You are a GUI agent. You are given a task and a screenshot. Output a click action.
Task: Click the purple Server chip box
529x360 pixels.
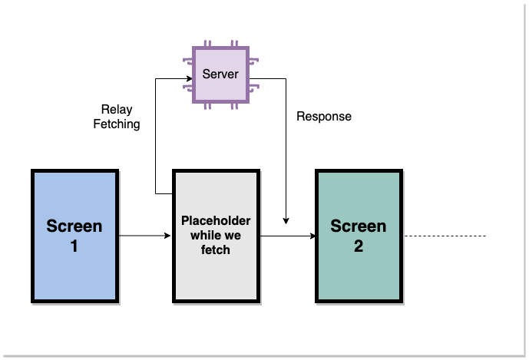click(x=220, y=75)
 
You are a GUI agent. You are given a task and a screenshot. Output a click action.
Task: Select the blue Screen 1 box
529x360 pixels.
click(x=74, y=236)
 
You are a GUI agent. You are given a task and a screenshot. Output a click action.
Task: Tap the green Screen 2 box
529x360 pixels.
click(x=359, y=236)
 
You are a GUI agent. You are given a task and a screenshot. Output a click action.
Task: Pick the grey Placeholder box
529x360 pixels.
click(x=215, y=236)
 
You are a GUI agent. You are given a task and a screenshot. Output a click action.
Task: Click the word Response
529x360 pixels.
click(x=324, y=117)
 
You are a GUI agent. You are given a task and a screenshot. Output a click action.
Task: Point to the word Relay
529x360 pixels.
click(x=117, y=110)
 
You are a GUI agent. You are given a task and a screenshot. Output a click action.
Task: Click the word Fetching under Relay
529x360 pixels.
click(x=117, y=124)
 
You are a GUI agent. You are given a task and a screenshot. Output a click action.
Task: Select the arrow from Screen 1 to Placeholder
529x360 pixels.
click(x=145, y=236)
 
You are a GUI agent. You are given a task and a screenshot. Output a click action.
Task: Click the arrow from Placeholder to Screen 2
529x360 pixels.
click(x=287, y=236)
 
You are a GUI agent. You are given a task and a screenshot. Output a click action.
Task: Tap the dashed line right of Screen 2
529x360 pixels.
click(x=445, y=236)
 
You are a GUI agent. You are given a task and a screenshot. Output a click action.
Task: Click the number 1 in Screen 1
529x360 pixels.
click(x=74, y=246)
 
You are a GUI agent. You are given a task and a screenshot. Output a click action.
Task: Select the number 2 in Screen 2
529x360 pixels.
click(x=359, y=246)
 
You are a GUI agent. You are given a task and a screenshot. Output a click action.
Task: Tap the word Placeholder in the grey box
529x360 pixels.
click(x=216, y=221)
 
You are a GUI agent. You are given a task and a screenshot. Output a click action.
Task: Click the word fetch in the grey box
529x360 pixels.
click(x=216, y=249)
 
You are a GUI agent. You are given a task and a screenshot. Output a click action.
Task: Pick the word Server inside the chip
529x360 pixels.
click(x=220, y=74)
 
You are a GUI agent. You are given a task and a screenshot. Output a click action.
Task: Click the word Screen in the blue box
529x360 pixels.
click(x=74, y=226)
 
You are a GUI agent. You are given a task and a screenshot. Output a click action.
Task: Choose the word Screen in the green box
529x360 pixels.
click(x=359, y=226)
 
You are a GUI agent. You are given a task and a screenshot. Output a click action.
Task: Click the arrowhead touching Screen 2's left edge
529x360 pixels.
click(x=312, y=236)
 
